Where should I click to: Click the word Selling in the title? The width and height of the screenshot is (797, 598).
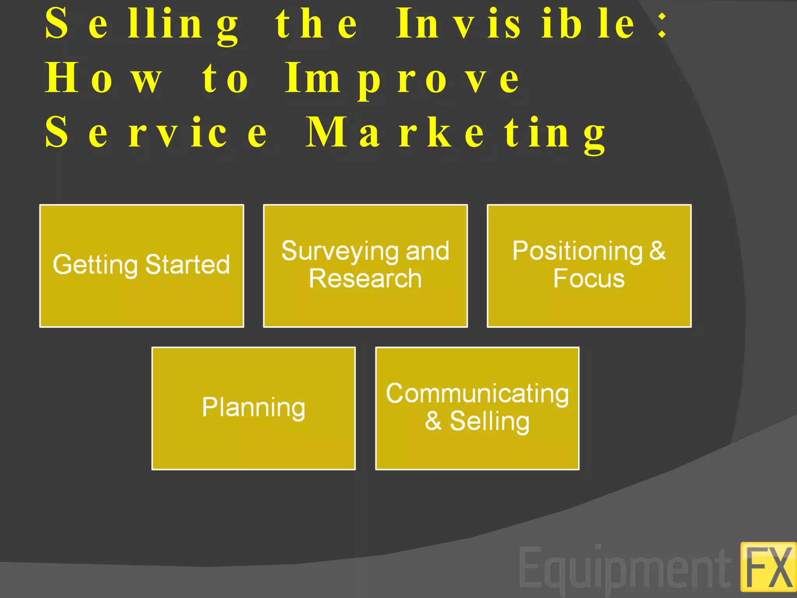point(142,24)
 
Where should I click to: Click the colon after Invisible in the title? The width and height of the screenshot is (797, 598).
point(662,24)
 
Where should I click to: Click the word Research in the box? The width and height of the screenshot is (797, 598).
point(365,279)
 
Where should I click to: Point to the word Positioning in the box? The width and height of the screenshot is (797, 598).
point(577,252)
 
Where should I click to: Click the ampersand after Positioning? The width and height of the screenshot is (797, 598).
point(657,251)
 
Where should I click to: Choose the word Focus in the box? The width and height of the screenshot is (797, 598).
point(589,279)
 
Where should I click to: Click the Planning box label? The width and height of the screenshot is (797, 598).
point(253,408)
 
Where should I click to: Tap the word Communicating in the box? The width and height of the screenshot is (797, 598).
point(477,394)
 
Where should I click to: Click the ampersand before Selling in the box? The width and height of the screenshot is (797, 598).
point(433,421)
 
